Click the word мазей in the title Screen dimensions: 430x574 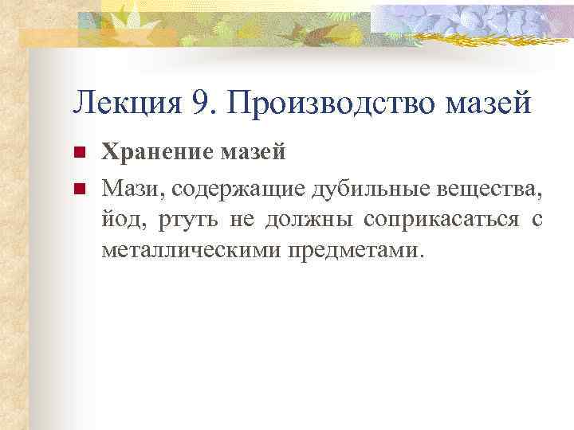point(492,103)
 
